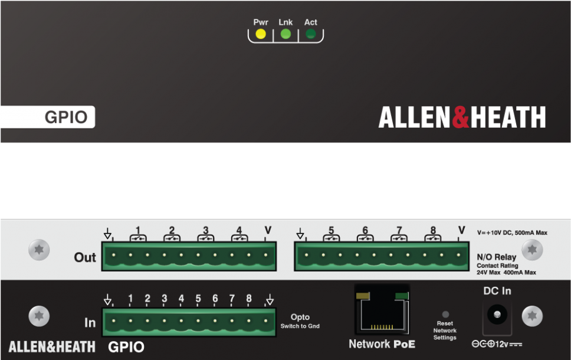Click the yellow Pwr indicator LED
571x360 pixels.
tap(261, 34)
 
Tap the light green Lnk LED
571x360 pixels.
tap(285, 34)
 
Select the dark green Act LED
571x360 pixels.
tap(310, 34)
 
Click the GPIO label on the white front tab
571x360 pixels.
tap(66, 117)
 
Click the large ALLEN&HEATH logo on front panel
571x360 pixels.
tap(462, 117)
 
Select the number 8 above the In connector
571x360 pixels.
tap(249, 299)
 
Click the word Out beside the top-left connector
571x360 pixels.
tap(85, 258)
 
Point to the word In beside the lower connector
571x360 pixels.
tap(90, 323)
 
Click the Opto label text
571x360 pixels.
tap(300, 318)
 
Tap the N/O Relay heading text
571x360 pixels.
tap(496, 257)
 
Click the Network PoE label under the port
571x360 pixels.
tap(382, 344)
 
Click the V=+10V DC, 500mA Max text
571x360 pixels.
tap(512, 233)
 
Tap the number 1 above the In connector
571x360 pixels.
tap(130, 299)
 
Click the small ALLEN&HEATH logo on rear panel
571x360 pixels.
tap(52, 346)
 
